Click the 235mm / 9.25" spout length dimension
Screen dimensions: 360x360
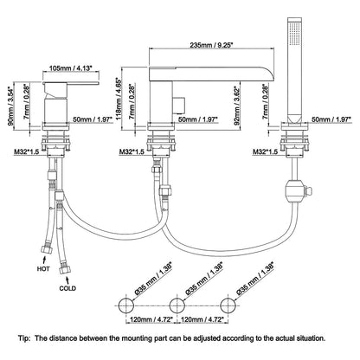point(211,45)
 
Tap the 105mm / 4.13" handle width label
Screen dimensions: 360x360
point(70,67)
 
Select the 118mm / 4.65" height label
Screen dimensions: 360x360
point(119,98)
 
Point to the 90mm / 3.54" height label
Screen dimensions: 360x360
point(10,105)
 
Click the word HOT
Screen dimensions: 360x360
point(43,269)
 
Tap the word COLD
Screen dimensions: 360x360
point(67,288)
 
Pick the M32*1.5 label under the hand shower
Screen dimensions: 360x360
point(266,151)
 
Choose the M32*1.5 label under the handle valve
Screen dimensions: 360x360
point(26,151)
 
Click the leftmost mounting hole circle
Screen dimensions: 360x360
point(126,305)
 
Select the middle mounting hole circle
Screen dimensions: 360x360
point(177,305)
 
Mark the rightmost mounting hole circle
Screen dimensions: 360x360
point(228,305)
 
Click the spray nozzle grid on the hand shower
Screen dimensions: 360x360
point(294,34)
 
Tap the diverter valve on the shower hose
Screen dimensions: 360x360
point(297,191)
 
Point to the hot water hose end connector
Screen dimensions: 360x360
point(47,249)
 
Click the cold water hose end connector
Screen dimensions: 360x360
point(64,270)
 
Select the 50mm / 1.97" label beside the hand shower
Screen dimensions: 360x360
point(331,119)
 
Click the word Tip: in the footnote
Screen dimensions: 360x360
point(23,338)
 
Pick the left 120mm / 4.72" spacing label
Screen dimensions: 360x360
point(151,319)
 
